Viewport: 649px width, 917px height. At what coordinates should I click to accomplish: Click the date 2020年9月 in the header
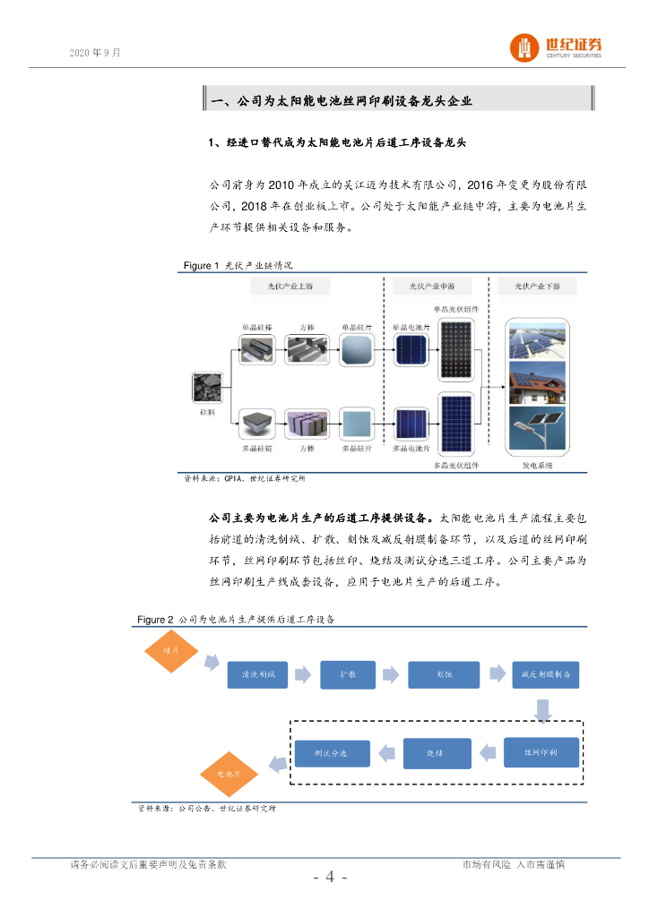tap(94, 53)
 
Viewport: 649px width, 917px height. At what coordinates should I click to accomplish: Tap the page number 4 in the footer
tap(330, 877)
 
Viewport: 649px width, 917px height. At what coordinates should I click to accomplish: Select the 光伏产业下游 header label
tap(537, 287)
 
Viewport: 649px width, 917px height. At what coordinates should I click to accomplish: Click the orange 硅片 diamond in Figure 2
tap(170, 651)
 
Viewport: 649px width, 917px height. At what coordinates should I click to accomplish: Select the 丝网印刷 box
tap(541, 752)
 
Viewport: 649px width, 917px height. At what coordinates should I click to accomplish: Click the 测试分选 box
tap(332, 753)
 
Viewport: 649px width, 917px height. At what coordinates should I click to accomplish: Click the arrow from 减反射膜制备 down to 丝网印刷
tap(542, 711)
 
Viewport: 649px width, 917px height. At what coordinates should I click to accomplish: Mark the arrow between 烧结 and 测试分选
tap(385, 752)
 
